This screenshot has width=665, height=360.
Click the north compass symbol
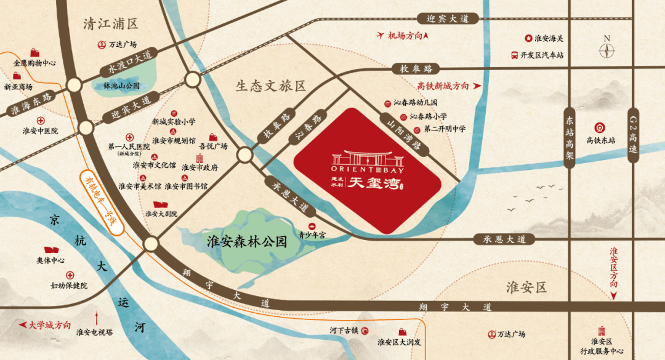(607, 48)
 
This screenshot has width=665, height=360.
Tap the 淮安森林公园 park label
(248, 241)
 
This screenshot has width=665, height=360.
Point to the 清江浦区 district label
(111, 23)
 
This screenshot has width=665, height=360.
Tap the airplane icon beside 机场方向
(380, 36)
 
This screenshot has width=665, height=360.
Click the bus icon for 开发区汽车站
(514, 55)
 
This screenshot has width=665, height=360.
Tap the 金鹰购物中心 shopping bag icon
(34, 52)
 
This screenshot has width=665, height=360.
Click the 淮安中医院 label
(39, 130)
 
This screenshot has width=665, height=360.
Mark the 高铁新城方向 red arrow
(477, 87)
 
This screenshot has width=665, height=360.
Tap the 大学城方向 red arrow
(23, 324)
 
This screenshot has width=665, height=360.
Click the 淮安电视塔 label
(94, 332)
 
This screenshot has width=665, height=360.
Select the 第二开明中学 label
(445, 129)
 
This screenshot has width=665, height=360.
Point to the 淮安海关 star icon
(528, 38)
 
